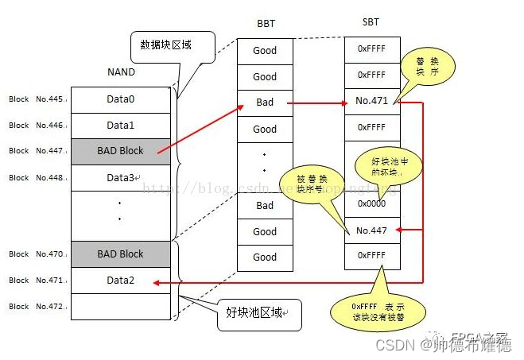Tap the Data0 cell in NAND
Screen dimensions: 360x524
tap(121, 99)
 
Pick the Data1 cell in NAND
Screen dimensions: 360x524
tap(121, 126)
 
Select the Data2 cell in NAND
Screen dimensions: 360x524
tap(121, 280)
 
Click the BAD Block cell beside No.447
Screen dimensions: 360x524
tap(121, 151)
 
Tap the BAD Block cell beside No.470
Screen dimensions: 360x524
tap(121, 254)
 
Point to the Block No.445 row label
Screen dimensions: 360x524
tap(37, 99)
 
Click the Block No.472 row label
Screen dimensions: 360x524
tap(37, 306)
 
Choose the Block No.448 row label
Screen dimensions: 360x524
tap(37, 177)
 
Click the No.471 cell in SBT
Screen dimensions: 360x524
tap(371, 102)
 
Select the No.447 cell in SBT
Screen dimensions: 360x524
tap(371, 230)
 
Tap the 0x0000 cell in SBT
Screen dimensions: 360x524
tap(371, 203)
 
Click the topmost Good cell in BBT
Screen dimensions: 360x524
tap(265, 50)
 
